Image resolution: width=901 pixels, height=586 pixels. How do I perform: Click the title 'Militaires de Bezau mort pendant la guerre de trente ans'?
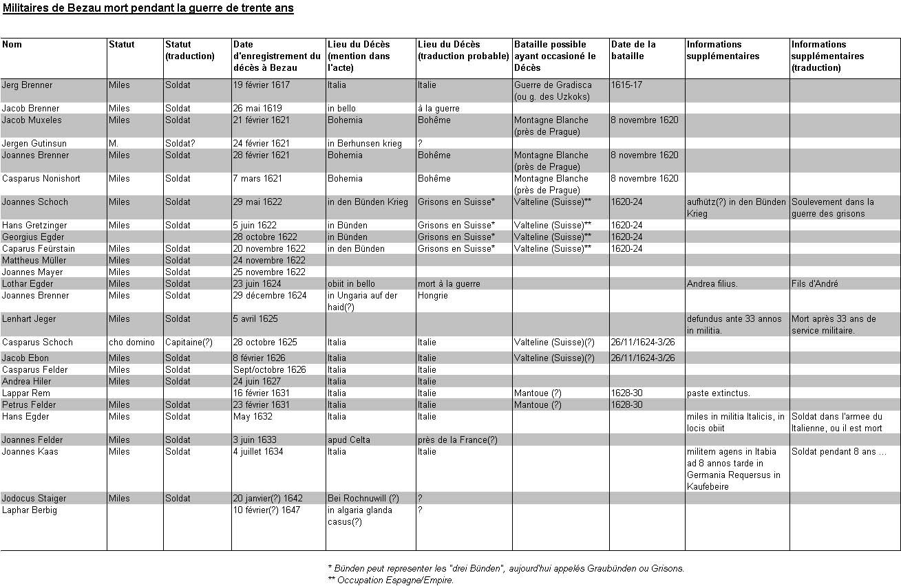(148, 9)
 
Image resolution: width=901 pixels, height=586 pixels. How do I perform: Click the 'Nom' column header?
(12, 45)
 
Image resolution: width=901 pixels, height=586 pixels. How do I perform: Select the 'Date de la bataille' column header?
(633, 50)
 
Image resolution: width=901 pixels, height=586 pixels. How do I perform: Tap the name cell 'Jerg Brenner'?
(27, 85)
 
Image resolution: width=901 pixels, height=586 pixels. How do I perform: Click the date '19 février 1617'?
(262, 85)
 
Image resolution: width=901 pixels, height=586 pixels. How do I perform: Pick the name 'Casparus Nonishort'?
(41, 179)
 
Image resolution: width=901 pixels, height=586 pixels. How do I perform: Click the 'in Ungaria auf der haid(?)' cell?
(362, 301)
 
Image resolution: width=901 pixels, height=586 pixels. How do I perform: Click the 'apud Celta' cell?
(349, 440)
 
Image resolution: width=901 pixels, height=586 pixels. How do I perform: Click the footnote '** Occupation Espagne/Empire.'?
(391, 580)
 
